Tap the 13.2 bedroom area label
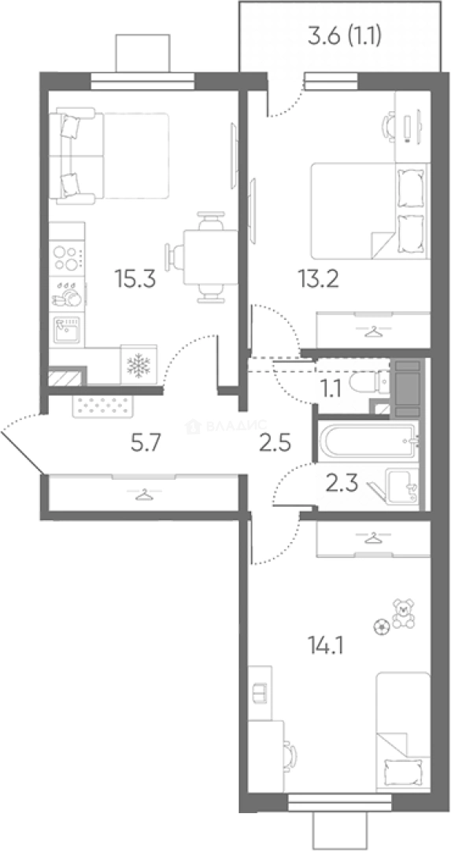(318, 280)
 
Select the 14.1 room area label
(325, 646)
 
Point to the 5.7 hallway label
(146, 444)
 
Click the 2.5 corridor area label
(274, 444)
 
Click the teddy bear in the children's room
(403, 614)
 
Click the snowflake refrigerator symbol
(139, 364)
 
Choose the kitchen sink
(67, 329)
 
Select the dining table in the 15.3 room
(210, 257)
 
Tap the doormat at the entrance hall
(102, 406)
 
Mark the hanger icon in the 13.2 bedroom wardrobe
(373, 331)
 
